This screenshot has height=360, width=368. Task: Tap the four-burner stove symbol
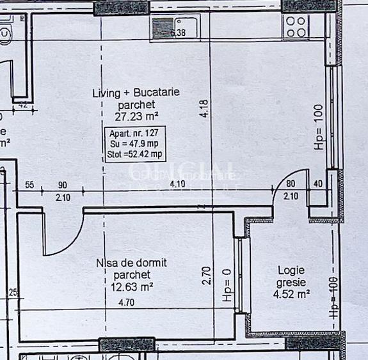[x=296, y=26]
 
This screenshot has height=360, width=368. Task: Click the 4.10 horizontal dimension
[x=177, y=185]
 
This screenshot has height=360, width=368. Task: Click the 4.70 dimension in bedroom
[x=127, y=296]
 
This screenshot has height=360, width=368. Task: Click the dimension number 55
[x=29, y=185]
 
